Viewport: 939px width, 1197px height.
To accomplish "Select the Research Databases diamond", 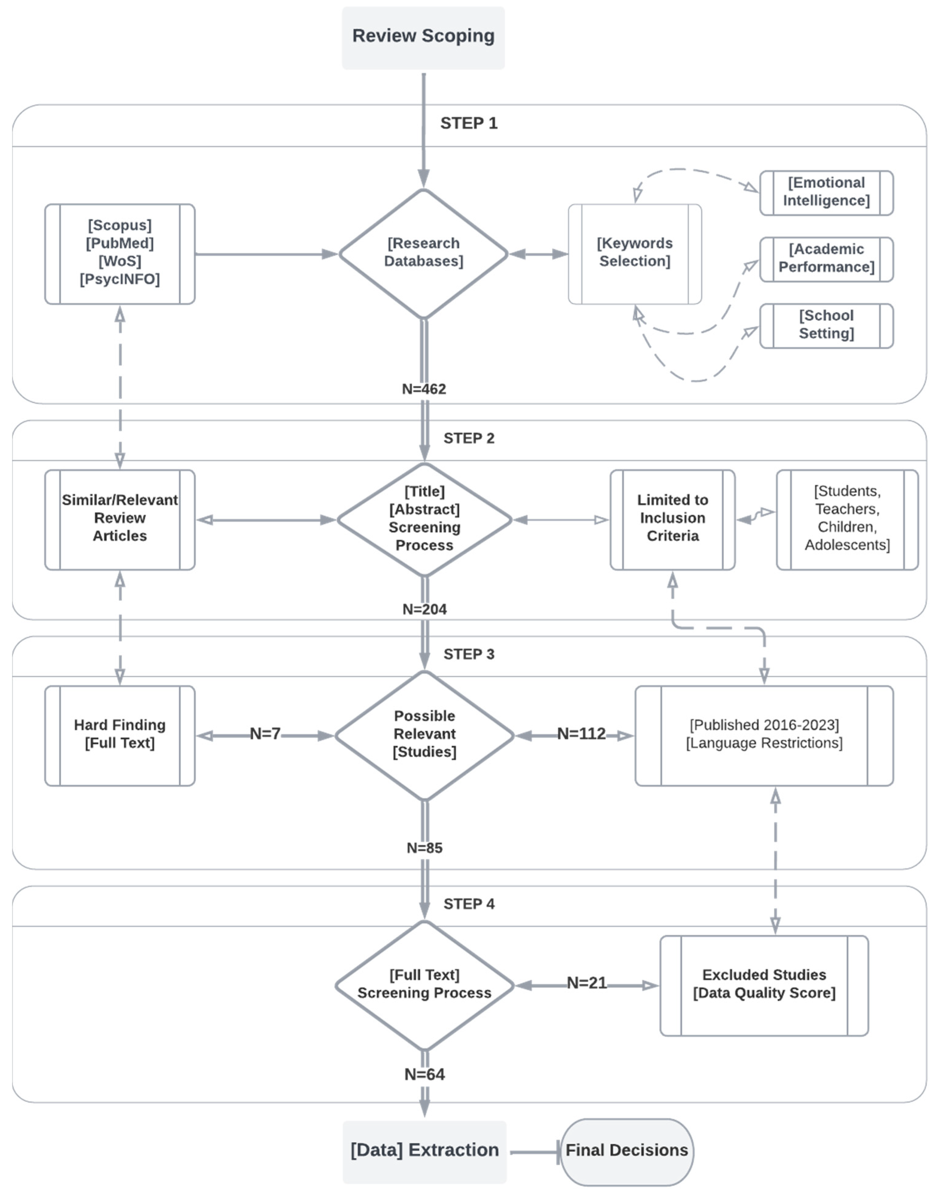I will point(423,253).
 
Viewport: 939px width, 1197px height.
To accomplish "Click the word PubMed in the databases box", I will point(120,243).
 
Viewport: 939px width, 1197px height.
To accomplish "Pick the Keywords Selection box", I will point(635,253).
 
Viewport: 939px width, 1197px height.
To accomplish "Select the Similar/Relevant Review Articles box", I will point(120,518).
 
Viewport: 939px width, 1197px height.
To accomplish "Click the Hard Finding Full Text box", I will point(120,735).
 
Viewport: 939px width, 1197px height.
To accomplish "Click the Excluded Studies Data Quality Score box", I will point(764,985).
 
